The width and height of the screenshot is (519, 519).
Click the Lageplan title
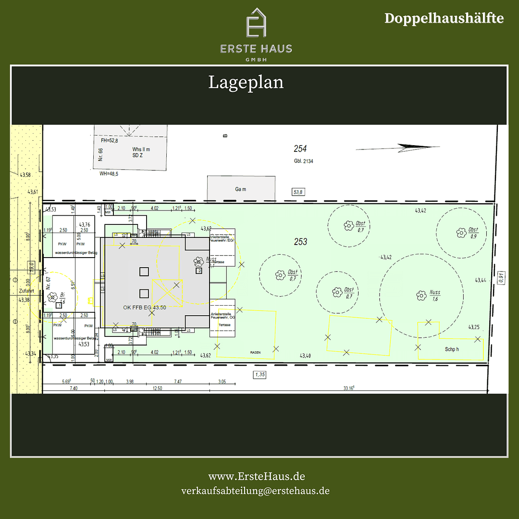246,82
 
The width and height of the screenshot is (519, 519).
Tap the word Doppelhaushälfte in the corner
444,18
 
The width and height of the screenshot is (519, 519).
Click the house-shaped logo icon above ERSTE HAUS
257,23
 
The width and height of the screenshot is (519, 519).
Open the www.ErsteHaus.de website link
256,476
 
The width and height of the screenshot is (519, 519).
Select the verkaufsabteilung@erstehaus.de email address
255,491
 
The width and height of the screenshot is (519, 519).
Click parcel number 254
300,149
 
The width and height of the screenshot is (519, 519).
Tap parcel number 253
301,242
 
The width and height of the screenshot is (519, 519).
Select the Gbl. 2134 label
303,161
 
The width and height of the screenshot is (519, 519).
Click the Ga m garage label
241,189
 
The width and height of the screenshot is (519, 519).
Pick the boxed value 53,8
298,192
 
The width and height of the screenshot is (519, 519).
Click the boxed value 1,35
260,374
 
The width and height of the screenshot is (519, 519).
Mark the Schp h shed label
451,349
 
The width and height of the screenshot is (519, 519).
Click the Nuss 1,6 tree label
434,296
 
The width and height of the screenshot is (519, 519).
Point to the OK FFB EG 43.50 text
145,307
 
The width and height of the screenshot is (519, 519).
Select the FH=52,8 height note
109,141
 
